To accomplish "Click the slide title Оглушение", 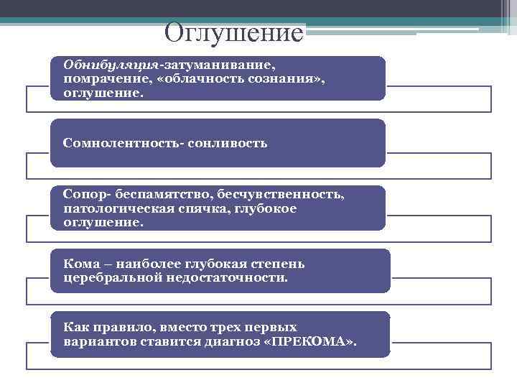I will click(x=234, y=32).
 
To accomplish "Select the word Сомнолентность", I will click(x=122, y=143).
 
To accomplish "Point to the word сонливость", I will click(x=228, y=143).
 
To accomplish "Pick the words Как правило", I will click(x=101, y=327).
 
